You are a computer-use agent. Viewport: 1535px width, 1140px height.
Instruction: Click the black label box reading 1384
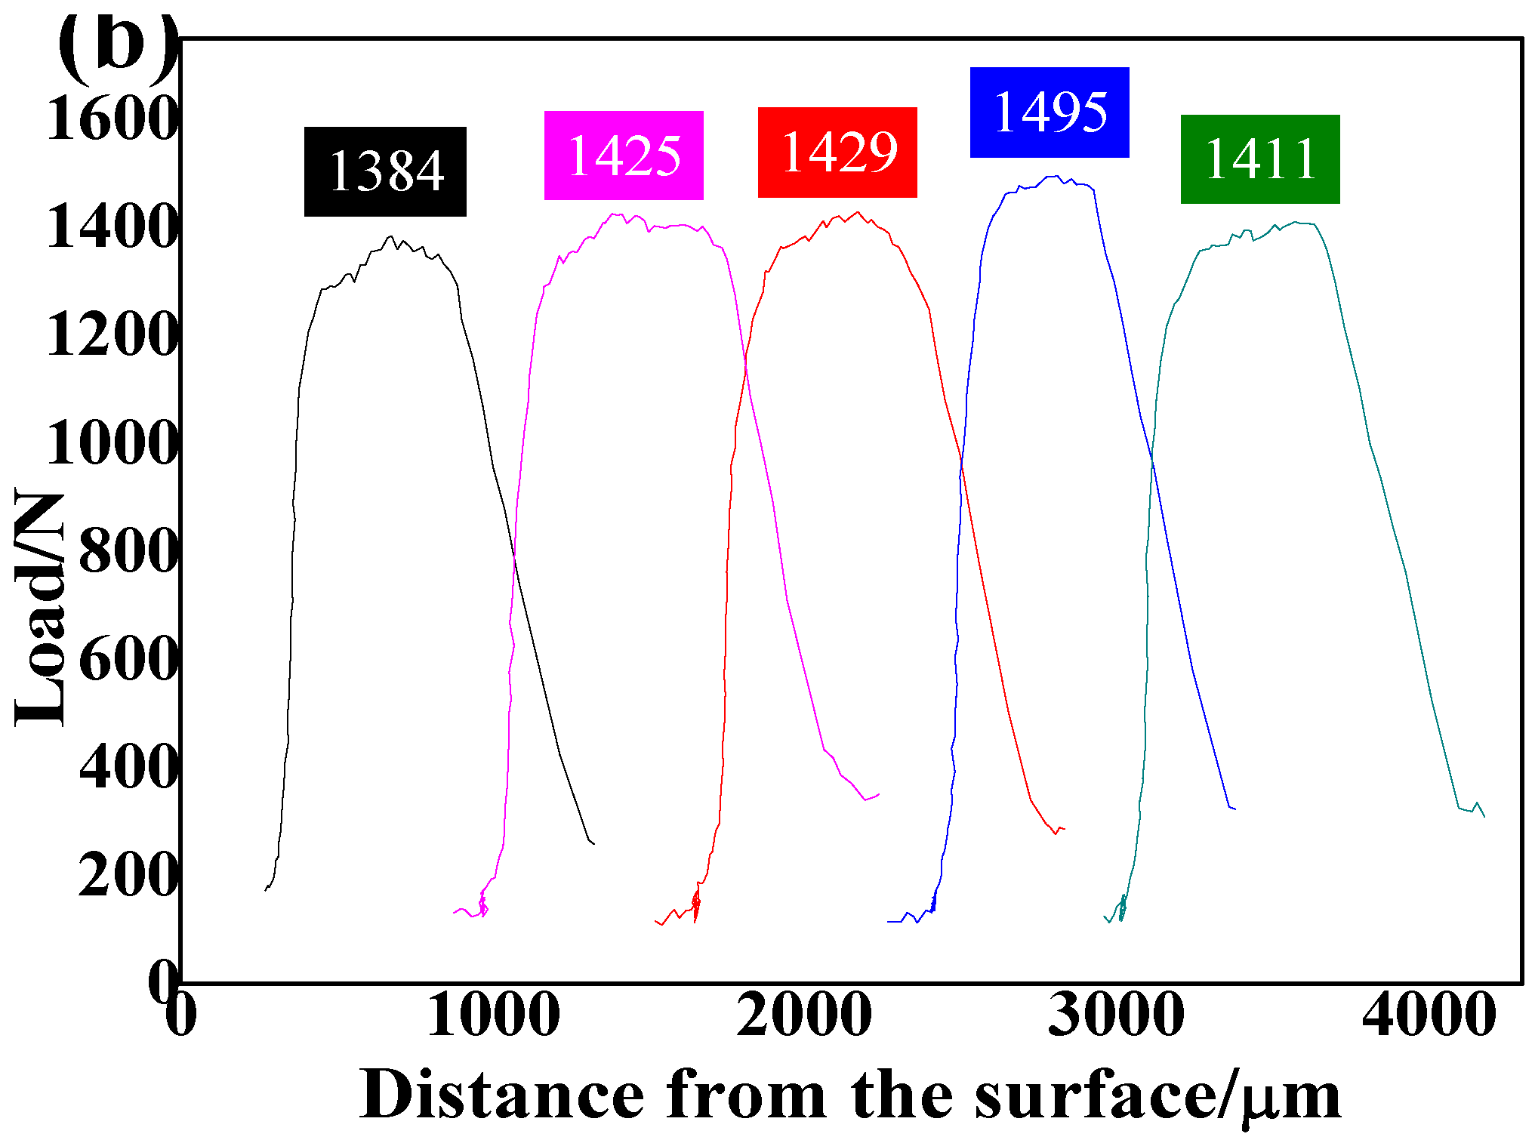click(385, 171)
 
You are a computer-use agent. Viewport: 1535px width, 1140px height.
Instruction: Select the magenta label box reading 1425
click(624, 156)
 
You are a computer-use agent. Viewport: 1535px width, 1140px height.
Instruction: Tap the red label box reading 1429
click(837, 153)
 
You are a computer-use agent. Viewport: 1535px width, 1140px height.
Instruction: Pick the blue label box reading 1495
click(1050, 112)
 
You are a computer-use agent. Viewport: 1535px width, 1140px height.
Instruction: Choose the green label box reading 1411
click(1260, 159)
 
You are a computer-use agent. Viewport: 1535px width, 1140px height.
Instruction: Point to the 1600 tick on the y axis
click(112, 119)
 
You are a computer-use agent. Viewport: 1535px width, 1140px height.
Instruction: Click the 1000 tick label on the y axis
click(112, 442)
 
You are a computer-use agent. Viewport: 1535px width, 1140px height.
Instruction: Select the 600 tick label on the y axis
click(127, 658)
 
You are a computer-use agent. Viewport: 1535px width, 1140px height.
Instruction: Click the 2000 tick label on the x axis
click(804, 1015)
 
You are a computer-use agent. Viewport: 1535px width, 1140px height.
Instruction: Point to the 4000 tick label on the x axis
click(1429, 1015)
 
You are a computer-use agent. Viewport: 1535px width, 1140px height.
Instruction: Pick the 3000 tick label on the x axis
click(1116, 1015)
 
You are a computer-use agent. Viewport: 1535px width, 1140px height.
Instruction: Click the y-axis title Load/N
click(39, 609)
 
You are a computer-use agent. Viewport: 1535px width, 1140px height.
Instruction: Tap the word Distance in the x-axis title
click(502, 1095)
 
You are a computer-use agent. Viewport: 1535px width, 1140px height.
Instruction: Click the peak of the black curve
click(390, 236)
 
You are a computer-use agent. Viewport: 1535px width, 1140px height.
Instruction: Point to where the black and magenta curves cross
click(514, 555)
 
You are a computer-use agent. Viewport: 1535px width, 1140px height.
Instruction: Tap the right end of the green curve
click(1484, 816)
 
